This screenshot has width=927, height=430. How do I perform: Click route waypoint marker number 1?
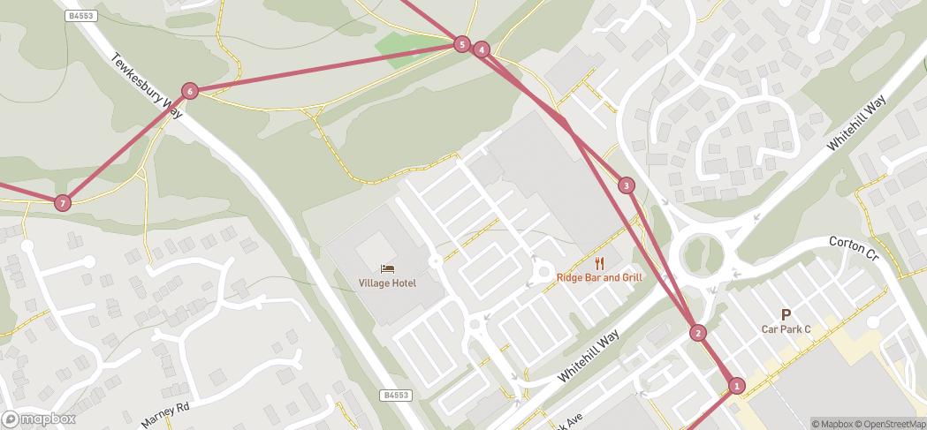tap(737, 385)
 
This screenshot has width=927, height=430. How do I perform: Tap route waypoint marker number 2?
tap(698, 333)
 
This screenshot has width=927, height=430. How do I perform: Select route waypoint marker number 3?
tap(627, 185)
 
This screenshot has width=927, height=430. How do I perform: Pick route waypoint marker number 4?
tap(481, 49)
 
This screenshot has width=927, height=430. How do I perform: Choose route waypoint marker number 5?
tap(461, 44)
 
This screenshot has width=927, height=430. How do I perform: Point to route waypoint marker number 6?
tap(189, 91)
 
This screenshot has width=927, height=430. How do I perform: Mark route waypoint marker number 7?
tap(62, 203)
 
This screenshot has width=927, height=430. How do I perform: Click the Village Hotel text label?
tap(387, 283)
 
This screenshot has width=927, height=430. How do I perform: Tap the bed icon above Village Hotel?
tap(387, 268)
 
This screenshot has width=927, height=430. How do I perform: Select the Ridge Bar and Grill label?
tap(599, 277)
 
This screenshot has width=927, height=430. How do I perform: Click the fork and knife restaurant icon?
tap(599, 262)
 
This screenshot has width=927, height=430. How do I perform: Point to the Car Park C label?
tap(786, 329)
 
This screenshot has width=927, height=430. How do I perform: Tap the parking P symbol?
tap(786, 314)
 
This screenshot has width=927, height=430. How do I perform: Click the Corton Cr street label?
tap(855, 248)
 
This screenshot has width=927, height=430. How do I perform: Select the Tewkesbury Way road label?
tap(146, 87)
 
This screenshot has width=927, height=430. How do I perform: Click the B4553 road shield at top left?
tap(80, 16)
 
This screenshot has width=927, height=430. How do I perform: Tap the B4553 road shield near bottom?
tap(398, 396)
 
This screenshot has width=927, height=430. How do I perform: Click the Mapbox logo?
tap(39, 419)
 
